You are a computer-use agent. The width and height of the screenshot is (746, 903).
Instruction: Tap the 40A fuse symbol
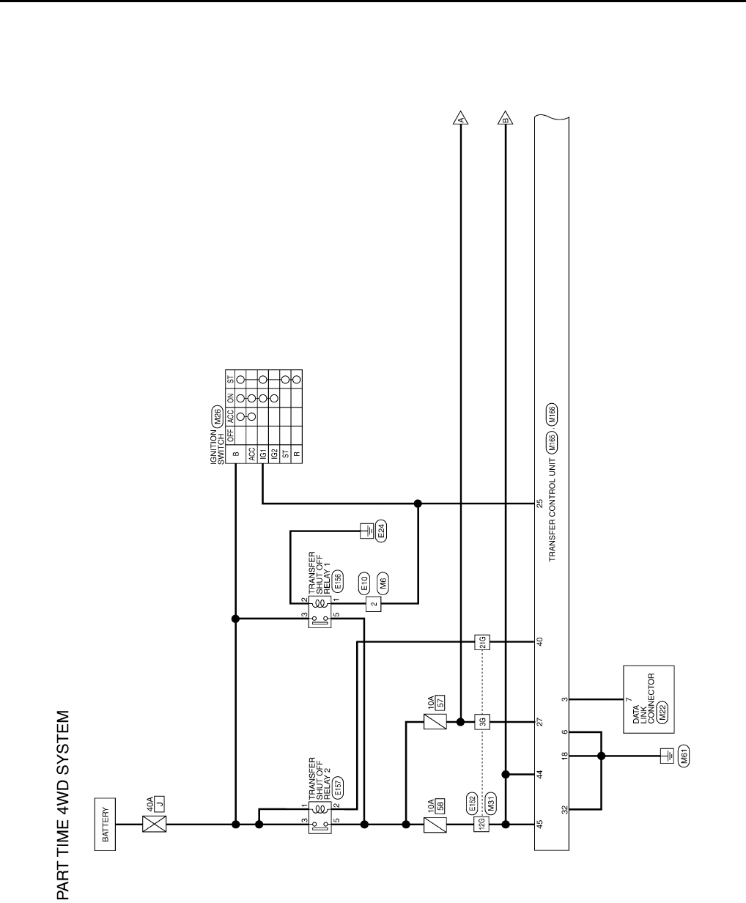click(154, 824)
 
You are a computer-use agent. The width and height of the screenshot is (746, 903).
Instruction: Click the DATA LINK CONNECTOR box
click(649, 699)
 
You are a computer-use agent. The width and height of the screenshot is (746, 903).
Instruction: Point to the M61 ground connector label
click(685, 755)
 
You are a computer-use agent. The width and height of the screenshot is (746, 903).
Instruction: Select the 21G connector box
click(482, 642)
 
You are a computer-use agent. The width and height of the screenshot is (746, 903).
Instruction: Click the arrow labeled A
click(461, 117)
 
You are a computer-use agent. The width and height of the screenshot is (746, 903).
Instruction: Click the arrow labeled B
click(505, 117)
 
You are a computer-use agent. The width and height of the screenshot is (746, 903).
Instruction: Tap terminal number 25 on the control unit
click(540, 504)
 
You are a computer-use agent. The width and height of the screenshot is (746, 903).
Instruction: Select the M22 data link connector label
click(662, 718)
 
